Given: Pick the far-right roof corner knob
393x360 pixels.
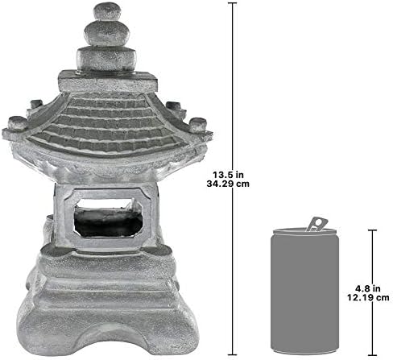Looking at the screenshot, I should point(198,125).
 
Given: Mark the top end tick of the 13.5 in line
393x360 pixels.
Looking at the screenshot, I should point(234,4).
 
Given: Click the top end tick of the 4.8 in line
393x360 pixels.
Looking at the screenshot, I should point(373,230).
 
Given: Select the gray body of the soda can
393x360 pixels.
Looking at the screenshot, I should point(305,298).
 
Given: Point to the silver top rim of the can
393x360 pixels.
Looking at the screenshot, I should point(305,234).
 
